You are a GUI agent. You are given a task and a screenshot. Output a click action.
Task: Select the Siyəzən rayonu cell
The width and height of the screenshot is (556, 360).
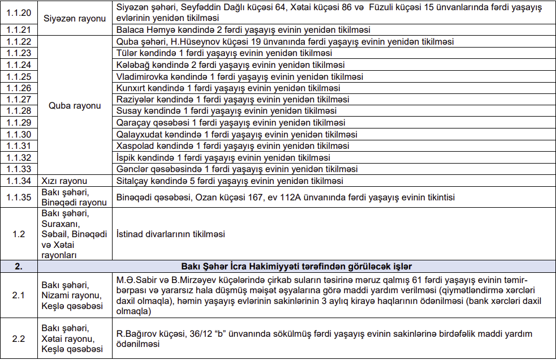pos(75,18)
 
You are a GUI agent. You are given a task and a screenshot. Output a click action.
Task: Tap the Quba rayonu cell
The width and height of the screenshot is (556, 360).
pos(75,106)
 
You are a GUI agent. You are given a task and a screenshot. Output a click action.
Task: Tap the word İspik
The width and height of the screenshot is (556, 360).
pos(126,158)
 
